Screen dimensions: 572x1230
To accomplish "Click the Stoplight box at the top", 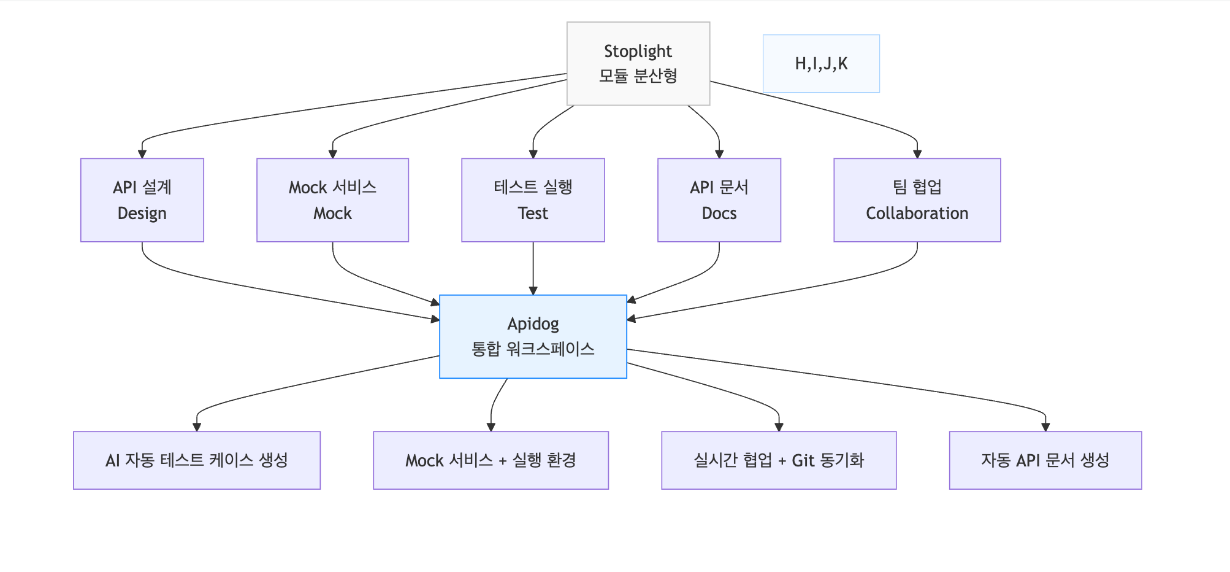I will (638, 63).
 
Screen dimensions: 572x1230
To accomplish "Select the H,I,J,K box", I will (821, 63).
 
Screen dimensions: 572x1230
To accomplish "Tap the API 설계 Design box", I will (142, 200).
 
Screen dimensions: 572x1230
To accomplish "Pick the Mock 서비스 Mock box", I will (332, 200).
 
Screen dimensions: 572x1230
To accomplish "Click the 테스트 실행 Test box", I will (533, 200).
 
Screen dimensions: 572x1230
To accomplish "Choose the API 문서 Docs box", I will (719, 200).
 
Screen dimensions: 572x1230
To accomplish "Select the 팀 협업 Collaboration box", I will (917, 200).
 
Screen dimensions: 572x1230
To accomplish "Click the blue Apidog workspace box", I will (533, 336).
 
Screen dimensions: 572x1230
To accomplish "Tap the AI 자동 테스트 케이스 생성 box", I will (196, 460).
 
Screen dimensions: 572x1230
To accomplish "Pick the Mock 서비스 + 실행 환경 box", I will (491, 460).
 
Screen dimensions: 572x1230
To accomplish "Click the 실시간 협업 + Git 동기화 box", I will (779, 460).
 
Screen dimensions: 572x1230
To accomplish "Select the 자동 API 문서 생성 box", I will (1045, 460).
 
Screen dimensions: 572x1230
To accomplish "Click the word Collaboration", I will (917, 214).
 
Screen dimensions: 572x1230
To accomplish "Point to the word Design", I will (142, 214).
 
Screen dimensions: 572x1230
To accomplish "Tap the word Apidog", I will (533, 323).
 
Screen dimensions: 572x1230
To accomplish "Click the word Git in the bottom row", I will (803, 460).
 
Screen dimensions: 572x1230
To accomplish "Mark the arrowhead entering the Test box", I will (533, 154).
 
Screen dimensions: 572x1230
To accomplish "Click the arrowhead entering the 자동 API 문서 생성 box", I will (1045, 427).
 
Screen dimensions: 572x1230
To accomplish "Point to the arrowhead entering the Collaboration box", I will (917, 154).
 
